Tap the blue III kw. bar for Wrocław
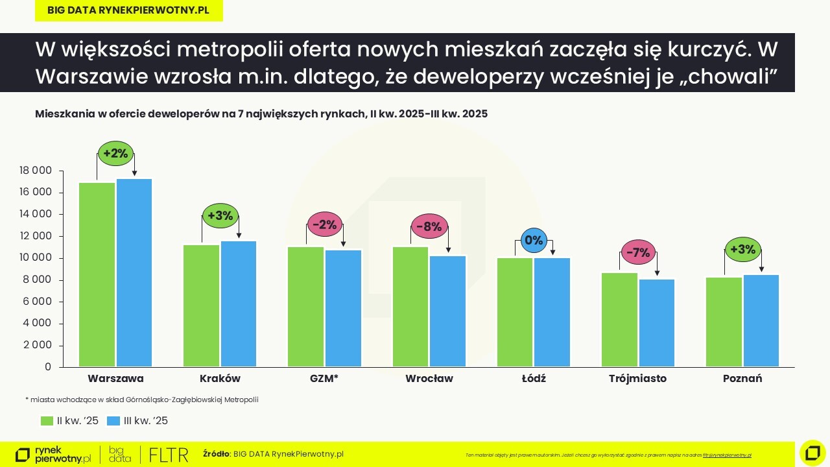point(448,311)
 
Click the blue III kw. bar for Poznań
point(761,321)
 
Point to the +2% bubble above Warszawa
point(116,154)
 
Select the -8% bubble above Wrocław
point(429,226)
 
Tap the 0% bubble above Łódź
point(534,241)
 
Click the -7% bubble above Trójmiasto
point(639,253)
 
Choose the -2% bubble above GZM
point(325,225)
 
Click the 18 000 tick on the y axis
point(35,171)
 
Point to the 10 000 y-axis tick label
point(35,258)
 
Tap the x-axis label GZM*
point(324,378)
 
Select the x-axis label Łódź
point(534,378)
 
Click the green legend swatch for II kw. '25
point(47,421)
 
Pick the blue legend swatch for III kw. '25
point(113,421)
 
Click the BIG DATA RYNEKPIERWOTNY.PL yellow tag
point(128,10)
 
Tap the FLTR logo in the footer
point(169,455)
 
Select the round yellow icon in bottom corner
point(812,453)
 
